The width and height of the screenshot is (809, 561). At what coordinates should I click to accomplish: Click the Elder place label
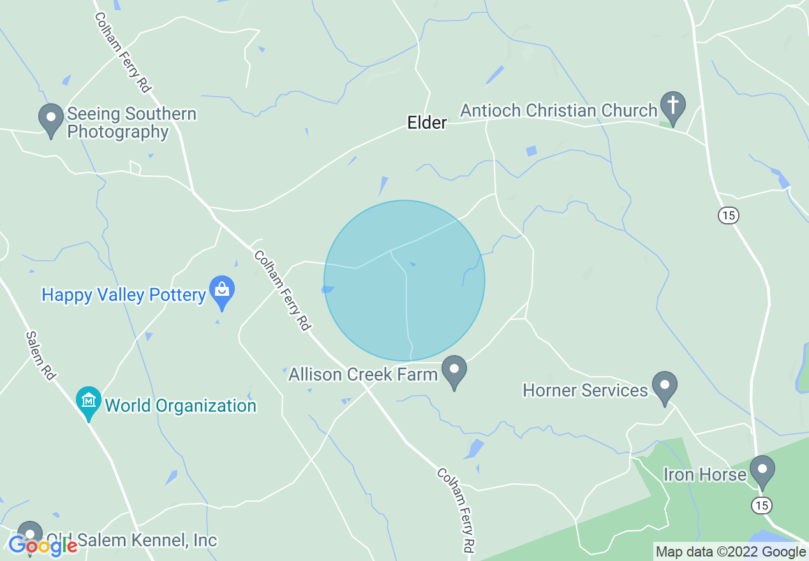tap(427, 122)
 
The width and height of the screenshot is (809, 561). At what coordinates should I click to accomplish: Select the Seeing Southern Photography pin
tap(51, 119)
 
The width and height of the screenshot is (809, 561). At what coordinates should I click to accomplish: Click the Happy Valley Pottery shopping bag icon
tap(222, 291)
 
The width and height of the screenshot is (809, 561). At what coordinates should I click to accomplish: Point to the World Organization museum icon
tap(89, 402)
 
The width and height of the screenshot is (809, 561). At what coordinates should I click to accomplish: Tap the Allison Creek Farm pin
tap(454, 370)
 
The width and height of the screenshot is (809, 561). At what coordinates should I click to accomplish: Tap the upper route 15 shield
tap(728, 215)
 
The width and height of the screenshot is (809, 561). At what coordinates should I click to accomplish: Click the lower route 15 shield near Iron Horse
tap(761, 505)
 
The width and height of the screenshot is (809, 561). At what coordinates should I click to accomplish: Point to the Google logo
tap(43, 546)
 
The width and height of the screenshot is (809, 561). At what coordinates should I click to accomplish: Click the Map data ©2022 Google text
tap(731, 552)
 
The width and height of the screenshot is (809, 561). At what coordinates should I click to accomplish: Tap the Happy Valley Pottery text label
tap(124, 295)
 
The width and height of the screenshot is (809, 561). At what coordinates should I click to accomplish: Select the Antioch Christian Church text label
tap(558, 110)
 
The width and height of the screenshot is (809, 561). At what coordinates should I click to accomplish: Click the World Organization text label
tap(181, 405)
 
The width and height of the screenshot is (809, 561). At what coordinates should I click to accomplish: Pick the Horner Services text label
tap(585, 390)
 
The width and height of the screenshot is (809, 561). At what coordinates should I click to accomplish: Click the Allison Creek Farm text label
tap(363, 374)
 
